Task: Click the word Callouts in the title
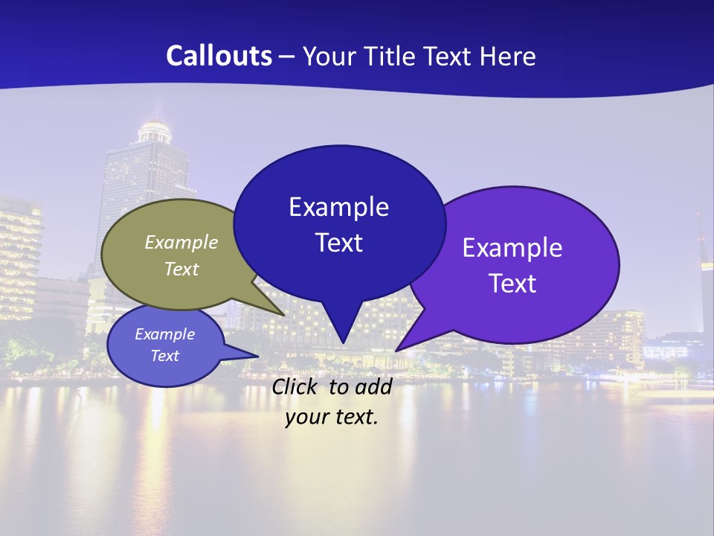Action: (x=219, y=56)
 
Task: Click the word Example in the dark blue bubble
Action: (x=338, y=207)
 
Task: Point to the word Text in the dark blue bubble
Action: (x=338, y=243)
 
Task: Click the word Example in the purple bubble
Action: (x=512, y=248)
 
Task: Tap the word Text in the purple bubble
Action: (x=512, y=284)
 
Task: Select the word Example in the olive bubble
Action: (x=181, y=242)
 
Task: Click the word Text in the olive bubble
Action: (x=181, y=269)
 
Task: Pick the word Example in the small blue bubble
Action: (x=164, y=334)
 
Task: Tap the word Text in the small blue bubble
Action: (x=164, y=356)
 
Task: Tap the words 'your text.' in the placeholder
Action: (x=332, y=417)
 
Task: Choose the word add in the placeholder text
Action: (x=373, y=386)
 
